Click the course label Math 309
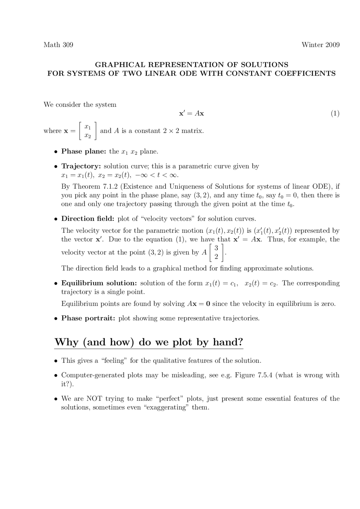58,45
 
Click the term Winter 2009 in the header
320,45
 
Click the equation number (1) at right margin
335,114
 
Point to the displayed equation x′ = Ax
192,114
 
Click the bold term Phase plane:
84,151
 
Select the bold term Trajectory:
81,166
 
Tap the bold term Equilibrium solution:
99,283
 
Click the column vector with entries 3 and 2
216,252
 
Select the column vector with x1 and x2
88,131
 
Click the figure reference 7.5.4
265,375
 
